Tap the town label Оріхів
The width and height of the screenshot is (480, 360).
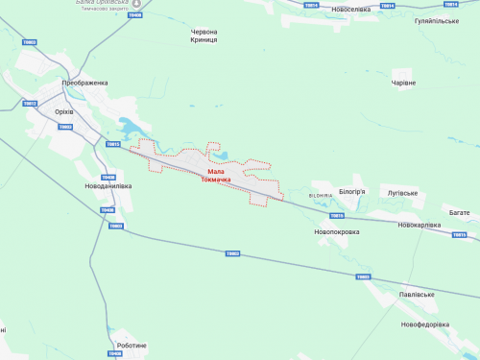pos(65,111)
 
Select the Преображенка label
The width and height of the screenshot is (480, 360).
pos(85,84)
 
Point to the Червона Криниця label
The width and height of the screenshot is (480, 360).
pos(204,36)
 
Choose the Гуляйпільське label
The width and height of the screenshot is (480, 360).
pos(437,20)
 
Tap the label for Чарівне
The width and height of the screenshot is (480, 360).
pos(403,84)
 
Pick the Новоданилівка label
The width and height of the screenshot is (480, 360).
pos(108,186)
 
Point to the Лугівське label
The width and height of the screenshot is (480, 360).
pos(401,193)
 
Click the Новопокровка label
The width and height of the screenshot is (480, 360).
pos(336,232)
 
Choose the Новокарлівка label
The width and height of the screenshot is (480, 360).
pos(420,225)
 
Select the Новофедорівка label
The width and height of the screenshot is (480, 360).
pos(425,324)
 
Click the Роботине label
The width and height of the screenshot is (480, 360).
pos(132,345)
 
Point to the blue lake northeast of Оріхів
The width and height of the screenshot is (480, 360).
pos(129,126)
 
